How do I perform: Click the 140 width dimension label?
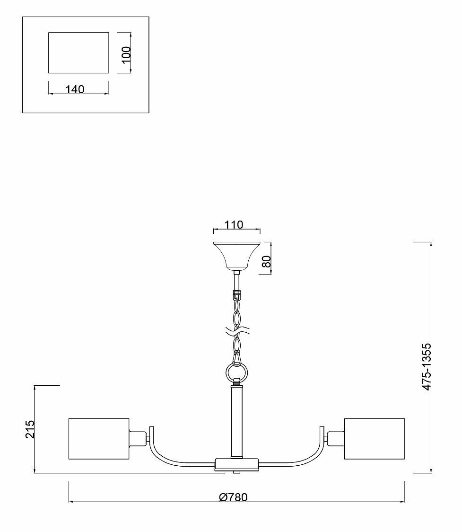pyautogui.click(x=75, y=89)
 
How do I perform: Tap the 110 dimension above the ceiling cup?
pyautogui.click(x=234, y=224)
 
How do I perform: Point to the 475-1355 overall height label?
pyautogui.click(x=427, y=367)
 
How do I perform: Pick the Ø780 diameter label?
pyautogui.click(x=234, y=497)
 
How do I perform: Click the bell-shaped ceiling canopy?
pyautogui.click(x=236, y=256)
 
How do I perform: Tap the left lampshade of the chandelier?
pyautogui.click(x=99, y=438)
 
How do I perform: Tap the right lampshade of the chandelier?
pyautogui.click(x=375, y=438)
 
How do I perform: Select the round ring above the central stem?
pyautogui.click(x=236, y=372)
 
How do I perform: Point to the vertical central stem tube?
pyautogui.click(x=236, y=421)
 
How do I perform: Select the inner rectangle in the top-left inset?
pyautogui.click(x=78, y=53)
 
